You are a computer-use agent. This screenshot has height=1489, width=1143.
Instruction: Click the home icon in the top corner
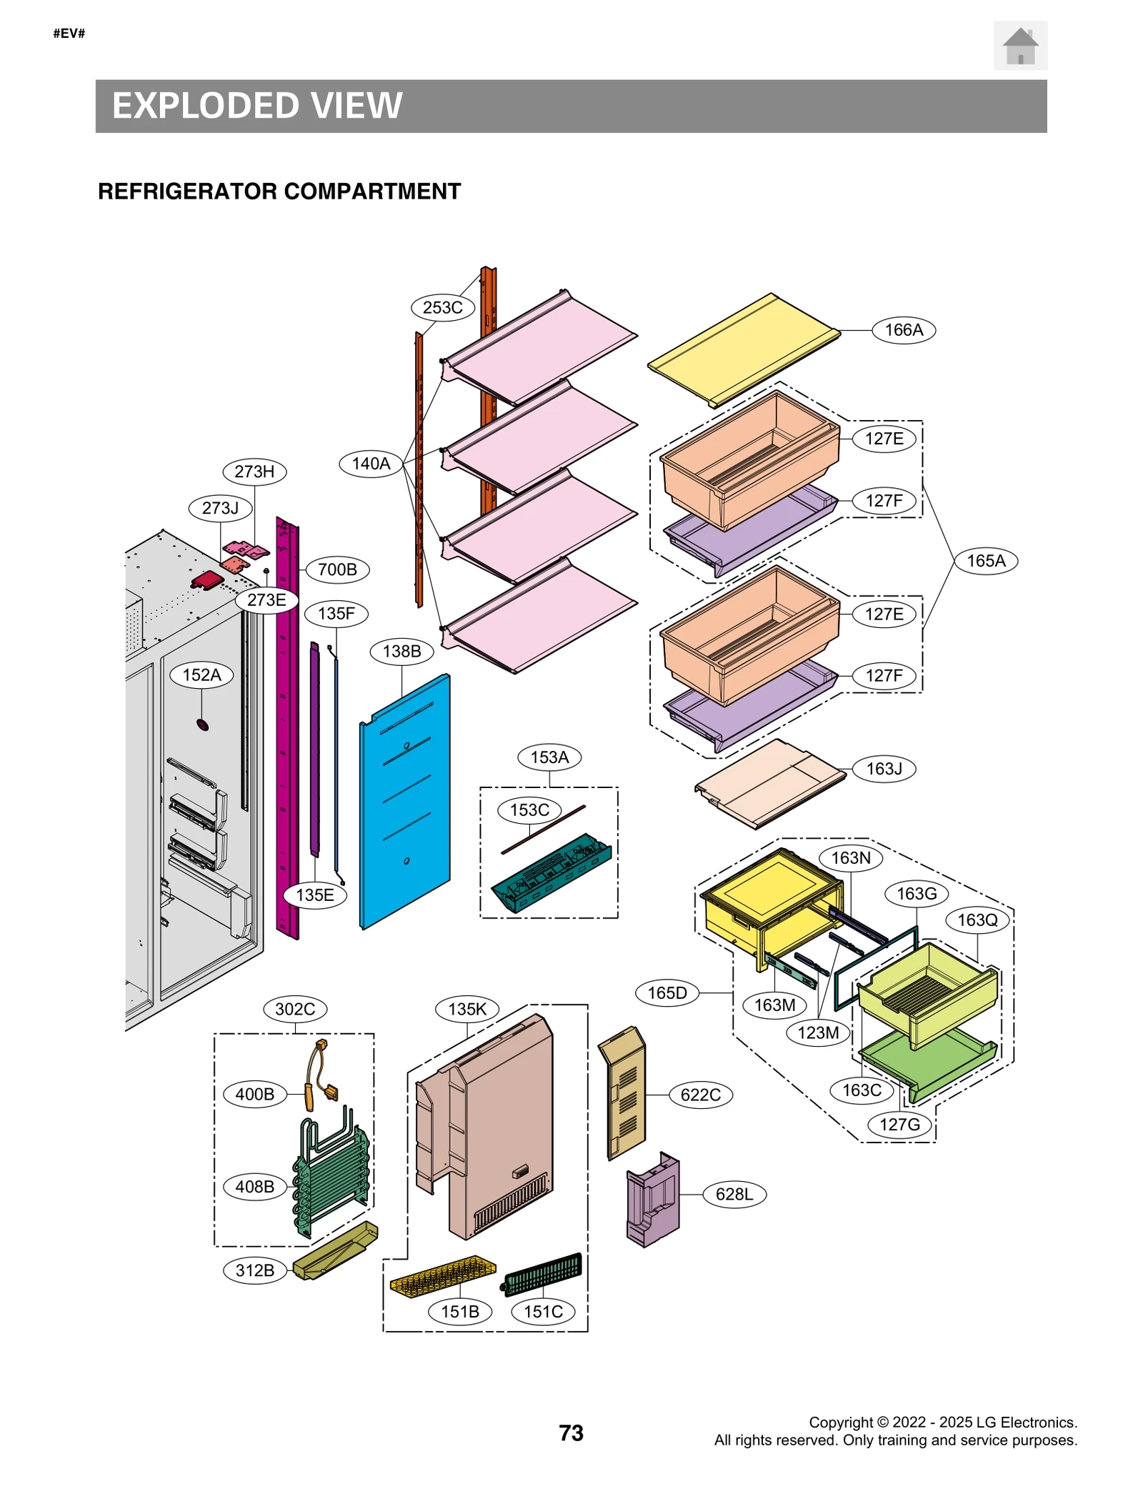point(1019,46)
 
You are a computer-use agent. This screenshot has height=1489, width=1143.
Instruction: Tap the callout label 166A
point(903,330)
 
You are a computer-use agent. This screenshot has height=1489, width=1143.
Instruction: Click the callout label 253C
point(442,308)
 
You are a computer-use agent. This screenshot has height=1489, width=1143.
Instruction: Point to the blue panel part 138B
point(405,801)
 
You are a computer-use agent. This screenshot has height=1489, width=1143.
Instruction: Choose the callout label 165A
point(985,561)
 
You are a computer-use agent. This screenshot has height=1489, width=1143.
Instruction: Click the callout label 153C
point(529,810)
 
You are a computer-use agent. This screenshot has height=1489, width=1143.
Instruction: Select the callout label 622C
point(700,1095)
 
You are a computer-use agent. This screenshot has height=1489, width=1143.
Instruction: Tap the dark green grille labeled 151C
point(544,1274)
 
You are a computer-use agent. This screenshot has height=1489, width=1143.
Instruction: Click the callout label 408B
point(255,1187)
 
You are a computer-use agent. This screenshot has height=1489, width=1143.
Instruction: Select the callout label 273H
point(254,472)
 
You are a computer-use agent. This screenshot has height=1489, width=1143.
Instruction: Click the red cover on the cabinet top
point(207,579)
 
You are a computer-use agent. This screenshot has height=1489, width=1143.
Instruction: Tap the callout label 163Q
point(977,920)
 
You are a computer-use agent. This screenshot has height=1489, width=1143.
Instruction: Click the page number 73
point(571,1433)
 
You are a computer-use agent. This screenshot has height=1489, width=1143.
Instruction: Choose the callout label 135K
point(467,1010)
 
